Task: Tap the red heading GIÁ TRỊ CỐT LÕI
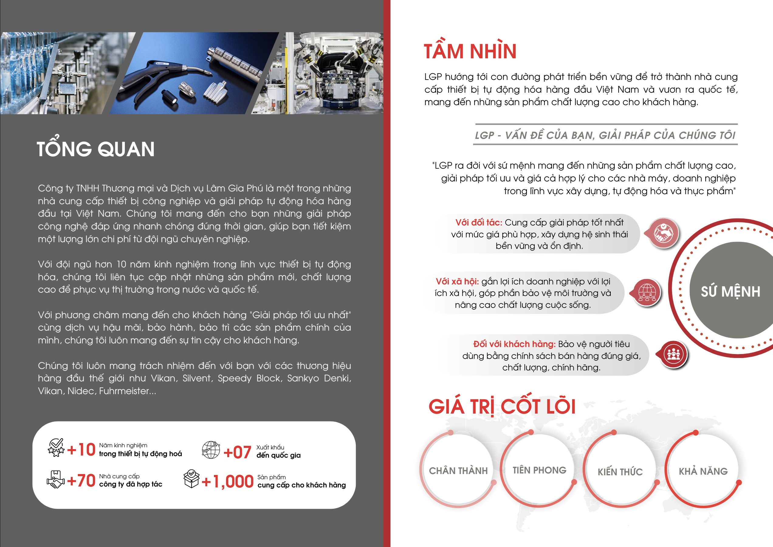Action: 502,406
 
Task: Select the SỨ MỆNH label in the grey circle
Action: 730,291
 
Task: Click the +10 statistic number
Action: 81,450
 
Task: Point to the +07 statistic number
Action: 237,452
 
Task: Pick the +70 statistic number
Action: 81,481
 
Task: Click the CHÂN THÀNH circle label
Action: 458,470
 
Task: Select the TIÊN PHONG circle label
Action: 539,470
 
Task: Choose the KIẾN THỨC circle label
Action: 620,472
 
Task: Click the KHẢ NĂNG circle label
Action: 703,471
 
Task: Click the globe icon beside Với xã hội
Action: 647,292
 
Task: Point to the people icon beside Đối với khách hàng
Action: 673,354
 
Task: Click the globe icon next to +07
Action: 211,450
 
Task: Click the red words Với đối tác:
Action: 479,222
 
